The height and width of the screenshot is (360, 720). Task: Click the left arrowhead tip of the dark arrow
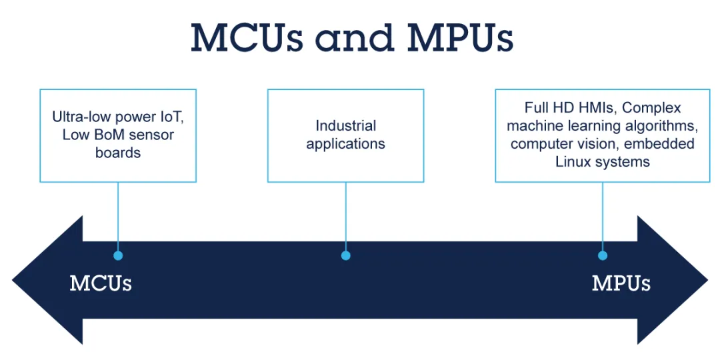(13, 279)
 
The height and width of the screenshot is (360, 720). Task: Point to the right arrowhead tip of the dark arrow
(707, 279)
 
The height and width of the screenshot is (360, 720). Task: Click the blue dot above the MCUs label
(118, 256)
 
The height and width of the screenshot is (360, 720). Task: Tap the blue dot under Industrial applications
(346, 256)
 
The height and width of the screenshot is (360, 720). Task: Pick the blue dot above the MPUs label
(603, 256)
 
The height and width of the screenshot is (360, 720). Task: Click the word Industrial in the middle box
(346, 126)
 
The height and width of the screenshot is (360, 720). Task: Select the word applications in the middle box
(346, 144)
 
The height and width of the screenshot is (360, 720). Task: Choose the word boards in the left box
(118, 153)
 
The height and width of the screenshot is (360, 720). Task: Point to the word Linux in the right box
(572, 161)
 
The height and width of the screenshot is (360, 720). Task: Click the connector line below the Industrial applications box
(346, 217)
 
